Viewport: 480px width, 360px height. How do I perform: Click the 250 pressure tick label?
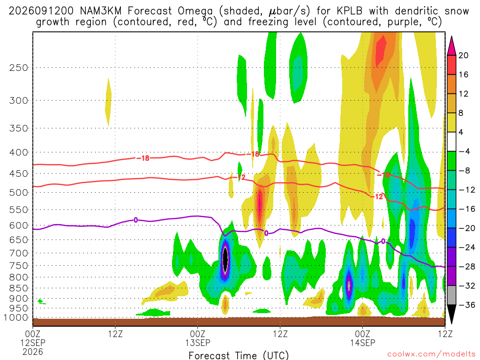19,67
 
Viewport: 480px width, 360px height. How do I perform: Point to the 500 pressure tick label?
19,193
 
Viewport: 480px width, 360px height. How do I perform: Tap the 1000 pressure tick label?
15,318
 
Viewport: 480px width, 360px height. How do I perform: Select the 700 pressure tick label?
19,253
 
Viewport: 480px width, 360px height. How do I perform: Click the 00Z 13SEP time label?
198,338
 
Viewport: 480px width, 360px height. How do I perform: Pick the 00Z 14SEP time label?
363,338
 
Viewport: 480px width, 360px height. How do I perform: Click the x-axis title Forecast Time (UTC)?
239,355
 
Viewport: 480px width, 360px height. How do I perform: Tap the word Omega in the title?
195,11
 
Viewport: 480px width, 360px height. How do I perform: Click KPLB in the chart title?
349,11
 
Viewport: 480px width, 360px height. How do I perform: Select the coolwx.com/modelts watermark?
431,354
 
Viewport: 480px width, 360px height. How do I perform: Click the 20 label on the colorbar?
464,55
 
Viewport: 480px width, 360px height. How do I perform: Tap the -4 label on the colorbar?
464,151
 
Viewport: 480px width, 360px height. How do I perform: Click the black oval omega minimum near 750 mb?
225,259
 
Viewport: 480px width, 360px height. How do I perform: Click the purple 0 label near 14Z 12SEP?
135,220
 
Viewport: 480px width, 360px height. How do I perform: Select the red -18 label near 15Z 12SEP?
143,158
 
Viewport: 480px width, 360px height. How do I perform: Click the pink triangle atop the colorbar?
451,45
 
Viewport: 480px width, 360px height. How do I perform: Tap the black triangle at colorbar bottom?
451,314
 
